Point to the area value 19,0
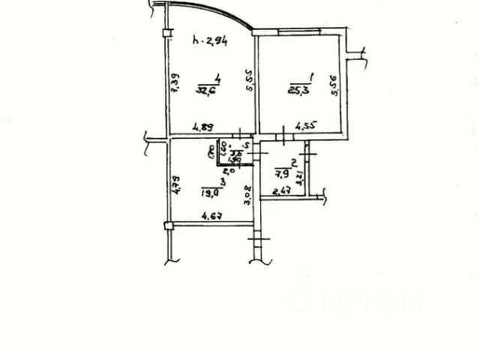click(210, 193)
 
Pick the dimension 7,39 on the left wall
click(174, 82)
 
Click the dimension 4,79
click(172, 184)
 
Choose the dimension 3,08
click(246, 196)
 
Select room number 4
click(216, 79)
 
